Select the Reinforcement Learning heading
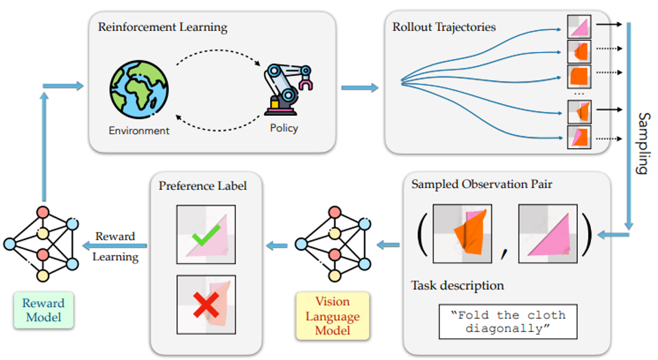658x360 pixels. [x=162, y=28]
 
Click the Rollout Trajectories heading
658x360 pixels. [x=444, y=28]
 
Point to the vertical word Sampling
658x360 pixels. [x=642, y=143]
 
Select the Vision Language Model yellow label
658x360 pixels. [x=332, y=316]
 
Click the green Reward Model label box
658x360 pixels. [x=42, y=310]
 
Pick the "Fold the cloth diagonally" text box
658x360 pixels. [x=507, y=321]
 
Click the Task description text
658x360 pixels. [x=457, y=285]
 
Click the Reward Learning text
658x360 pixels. [x=115, y=247]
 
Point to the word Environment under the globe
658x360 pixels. [x=138, y=130]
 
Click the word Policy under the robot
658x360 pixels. [x=284, y=128]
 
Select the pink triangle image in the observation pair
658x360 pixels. [x=548, y=233]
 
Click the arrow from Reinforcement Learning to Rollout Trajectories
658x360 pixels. [x=359, y=87]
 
